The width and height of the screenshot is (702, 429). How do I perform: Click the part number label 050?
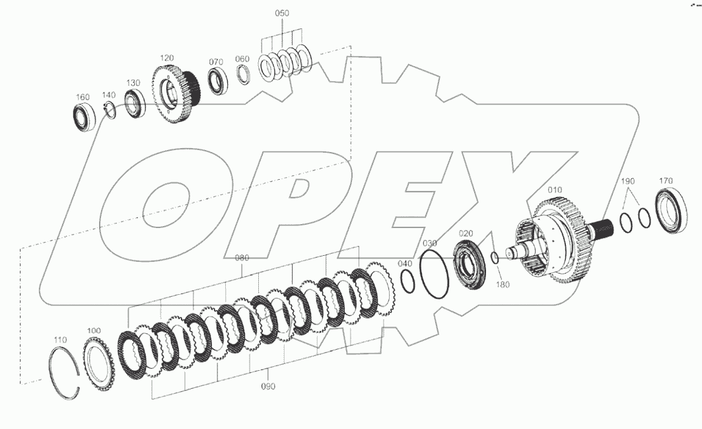click(282, 14)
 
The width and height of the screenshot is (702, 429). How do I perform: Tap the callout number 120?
click(167, 58)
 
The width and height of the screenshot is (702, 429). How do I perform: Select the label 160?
click(83, 97)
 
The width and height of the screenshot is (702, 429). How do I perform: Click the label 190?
click(627, 180)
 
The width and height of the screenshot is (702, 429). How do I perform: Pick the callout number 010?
click(555, 190)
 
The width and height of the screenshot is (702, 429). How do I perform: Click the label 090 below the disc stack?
click(268, 386)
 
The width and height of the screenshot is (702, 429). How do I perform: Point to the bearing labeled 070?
click(216, 81)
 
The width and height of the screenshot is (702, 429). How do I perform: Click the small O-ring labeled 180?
click(494, 258)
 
